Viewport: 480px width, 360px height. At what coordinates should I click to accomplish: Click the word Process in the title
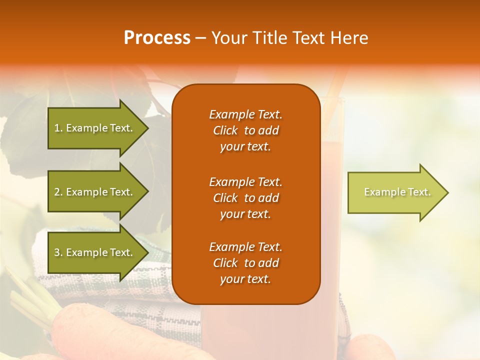[x=157, y=38]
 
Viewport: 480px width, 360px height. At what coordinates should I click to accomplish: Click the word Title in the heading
[x=270, y=38]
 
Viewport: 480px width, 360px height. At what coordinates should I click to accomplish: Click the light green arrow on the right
[x=395, y=192]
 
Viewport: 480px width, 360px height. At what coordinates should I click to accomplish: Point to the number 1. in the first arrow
[x=58, y=128]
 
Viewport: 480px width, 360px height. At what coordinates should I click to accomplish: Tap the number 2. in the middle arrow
[x=58, y=192]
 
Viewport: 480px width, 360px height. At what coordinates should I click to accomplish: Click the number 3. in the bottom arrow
[x=58, y=252]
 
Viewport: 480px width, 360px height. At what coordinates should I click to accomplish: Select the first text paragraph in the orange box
[x=245, y=130]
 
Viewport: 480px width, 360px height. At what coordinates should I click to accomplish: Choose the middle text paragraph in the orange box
[x=245, y=198]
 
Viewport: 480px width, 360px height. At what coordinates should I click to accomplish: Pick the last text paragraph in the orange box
[x=245, y=263]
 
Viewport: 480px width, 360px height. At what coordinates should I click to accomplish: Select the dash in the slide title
[x=200, y=38]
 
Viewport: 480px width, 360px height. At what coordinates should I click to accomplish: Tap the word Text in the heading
[x=309, y=38]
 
